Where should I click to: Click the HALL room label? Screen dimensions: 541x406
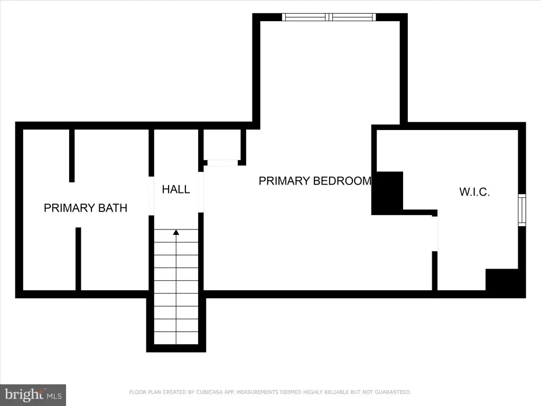click(x=176, y=189)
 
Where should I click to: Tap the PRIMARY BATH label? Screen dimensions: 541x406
click(x=86, y=208)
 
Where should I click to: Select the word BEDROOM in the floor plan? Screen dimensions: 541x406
click(x=342, y=181)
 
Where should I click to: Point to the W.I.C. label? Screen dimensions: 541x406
click(x=474, y=192)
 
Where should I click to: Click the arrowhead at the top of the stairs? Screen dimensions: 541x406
click(x=176, y=233)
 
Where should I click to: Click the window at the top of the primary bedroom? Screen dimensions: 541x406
click(x=329, y=17)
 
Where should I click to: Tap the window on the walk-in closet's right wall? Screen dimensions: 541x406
click(x=522, y=210)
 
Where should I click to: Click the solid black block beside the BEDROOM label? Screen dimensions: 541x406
click(x=387, y=192)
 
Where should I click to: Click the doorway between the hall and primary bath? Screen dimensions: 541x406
click(x=151, y=196)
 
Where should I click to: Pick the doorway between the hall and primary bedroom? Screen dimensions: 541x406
click(x=201, y=192)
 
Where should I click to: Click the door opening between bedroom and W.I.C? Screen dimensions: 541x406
click(x=435, y=234)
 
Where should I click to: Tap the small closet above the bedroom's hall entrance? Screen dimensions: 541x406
click(x=222, y=145)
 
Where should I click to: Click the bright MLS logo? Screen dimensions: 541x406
click(x=33, y=395)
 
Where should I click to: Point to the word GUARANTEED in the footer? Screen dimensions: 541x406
click(x=393, y=392)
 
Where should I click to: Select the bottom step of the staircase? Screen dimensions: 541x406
click(x=176, y=338)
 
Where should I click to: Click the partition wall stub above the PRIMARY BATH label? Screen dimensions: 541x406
click(x=72, y=156)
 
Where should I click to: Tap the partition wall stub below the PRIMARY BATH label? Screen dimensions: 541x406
click(x=78, y=259)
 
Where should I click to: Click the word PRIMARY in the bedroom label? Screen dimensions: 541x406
click(x=284, y=181)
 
